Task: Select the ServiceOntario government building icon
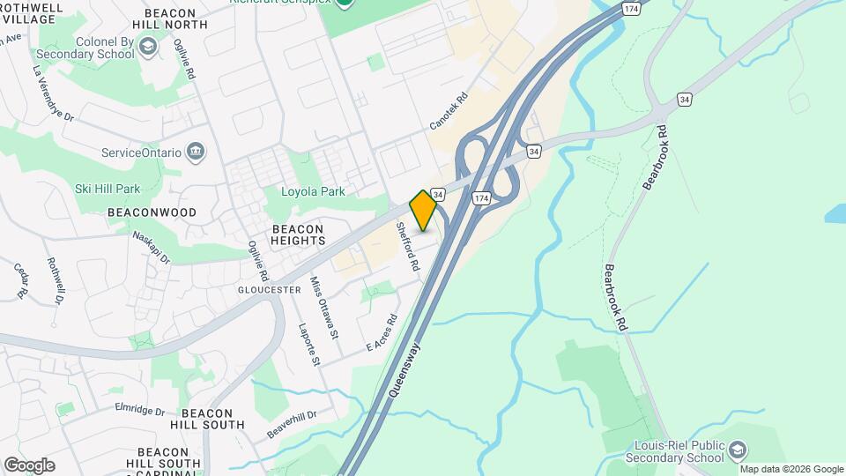pos(197,152)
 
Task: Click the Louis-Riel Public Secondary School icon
pos(736,451)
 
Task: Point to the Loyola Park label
pos(313,191)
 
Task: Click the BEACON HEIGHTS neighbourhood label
pos(293,234)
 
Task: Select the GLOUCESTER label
pos(270,289)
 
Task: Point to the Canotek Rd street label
pos(448,113)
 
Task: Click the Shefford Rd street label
pos(407,245)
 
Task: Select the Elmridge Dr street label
pos(140,410)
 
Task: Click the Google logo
pos(29,465)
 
